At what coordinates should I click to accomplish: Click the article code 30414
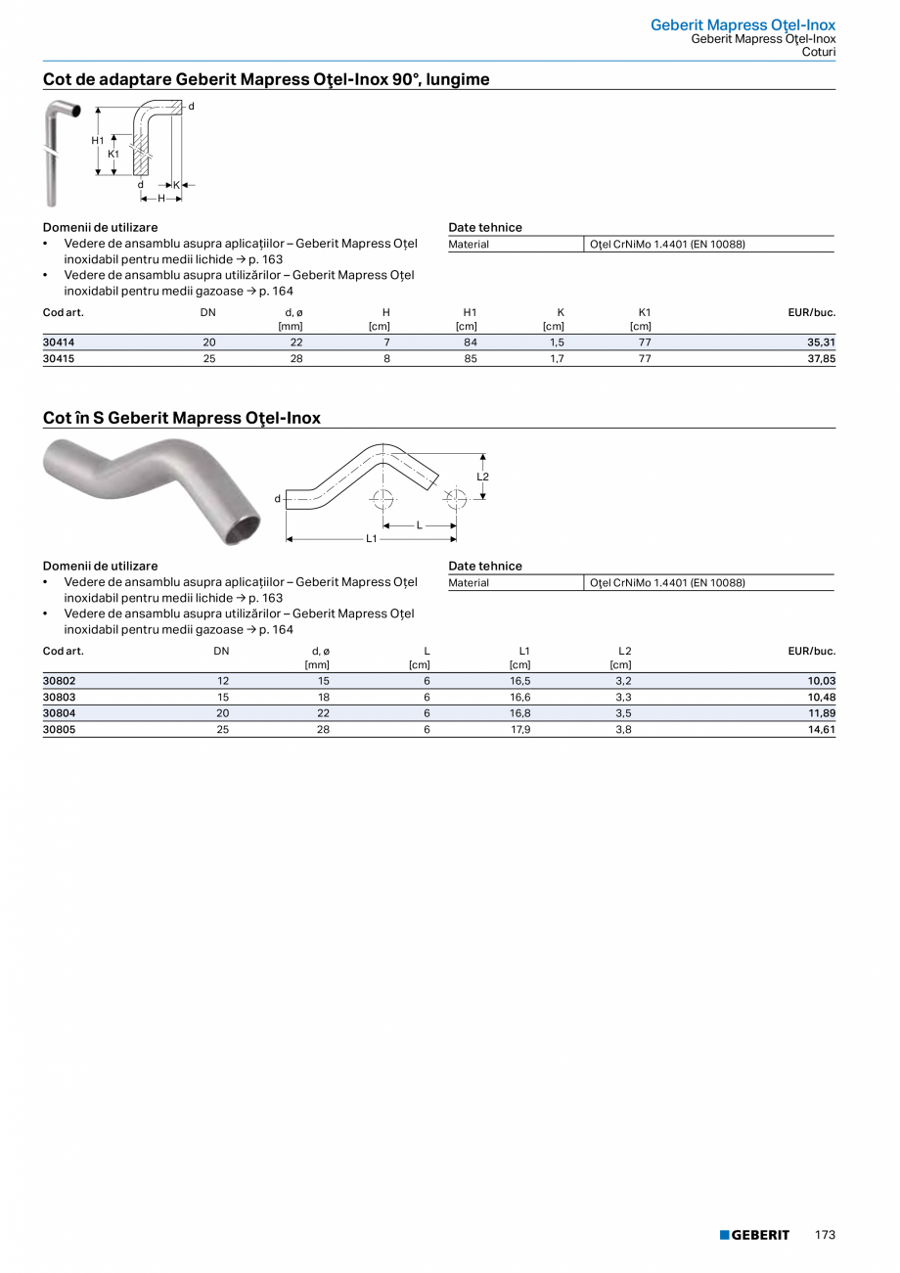point(59,342)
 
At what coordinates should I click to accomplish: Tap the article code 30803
point(59,697)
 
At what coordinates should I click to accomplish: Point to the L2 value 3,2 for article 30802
point(623,681)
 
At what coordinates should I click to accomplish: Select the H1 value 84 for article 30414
point(470,342)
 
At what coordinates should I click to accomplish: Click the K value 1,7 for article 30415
point(556,358)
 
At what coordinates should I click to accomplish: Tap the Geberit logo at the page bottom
point(754,1235)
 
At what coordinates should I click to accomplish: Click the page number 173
point(825,1235)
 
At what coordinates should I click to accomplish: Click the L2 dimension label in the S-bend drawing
point(482,477)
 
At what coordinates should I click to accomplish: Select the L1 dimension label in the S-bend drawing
point(372,538)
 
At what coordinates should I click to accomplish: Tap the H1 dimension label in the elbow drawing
point(98,141)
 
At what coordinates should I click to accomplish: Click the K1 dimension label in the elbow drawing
point(113,154)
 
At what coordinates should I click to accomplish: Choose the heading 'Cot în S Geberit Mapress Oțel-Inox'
point(182,418)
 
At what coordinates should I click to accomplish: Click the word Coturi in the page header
point(818,52)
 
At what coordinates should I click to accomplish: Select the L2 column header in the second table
point(625,651)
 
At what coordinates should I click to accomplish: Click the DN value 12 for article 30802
point(223,681)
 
